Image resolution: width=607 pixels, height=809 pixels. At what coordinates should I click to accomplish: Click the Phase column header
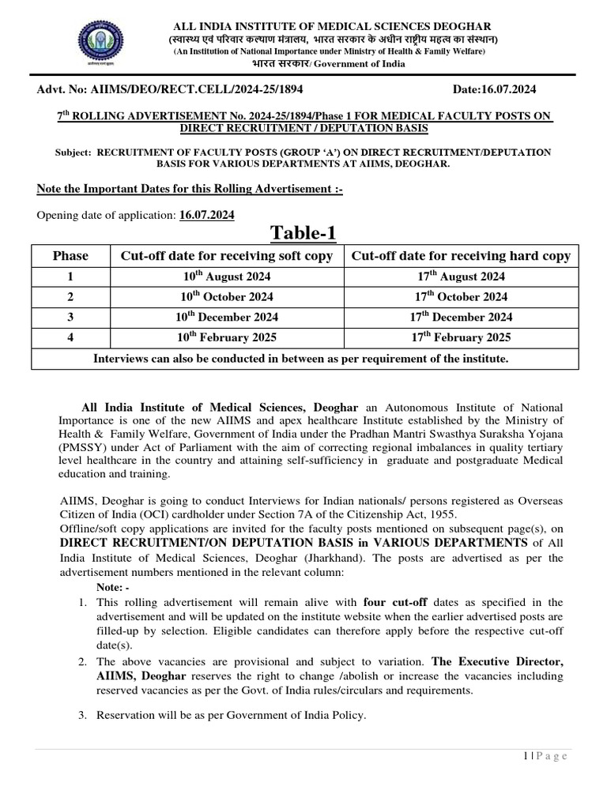pos(70,256)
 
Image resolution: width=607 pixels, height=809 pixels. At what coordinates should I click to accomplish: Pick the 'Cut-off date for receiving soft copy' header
pos(226,256)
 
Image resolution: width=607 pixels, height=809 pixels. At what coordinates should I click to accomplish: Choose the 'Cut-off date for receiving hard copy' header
pos(461,256)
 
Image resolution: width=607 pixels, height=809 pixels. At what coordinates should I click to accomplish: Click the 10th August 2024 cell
pos(226,277)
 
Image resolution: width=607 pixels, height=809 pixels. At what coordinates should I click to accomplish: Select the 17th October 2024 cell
pos(461,297)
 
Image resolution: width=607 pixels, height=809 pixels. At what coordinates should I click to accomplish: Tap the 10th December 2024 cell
pos(226,318)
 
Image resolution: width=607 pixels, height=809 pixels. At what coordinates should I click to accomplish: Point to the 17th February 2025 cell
pos(461,337)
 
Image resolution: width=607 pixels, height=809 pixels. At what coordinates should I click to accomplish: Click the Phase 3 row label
pos(70,318)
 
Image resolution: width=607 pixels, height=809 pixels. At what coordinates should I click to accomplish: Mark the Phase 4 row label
pos(70,337)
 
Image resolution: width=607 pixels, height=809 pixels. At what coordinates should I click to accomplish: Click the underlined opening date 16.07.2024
pos(207,215)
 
